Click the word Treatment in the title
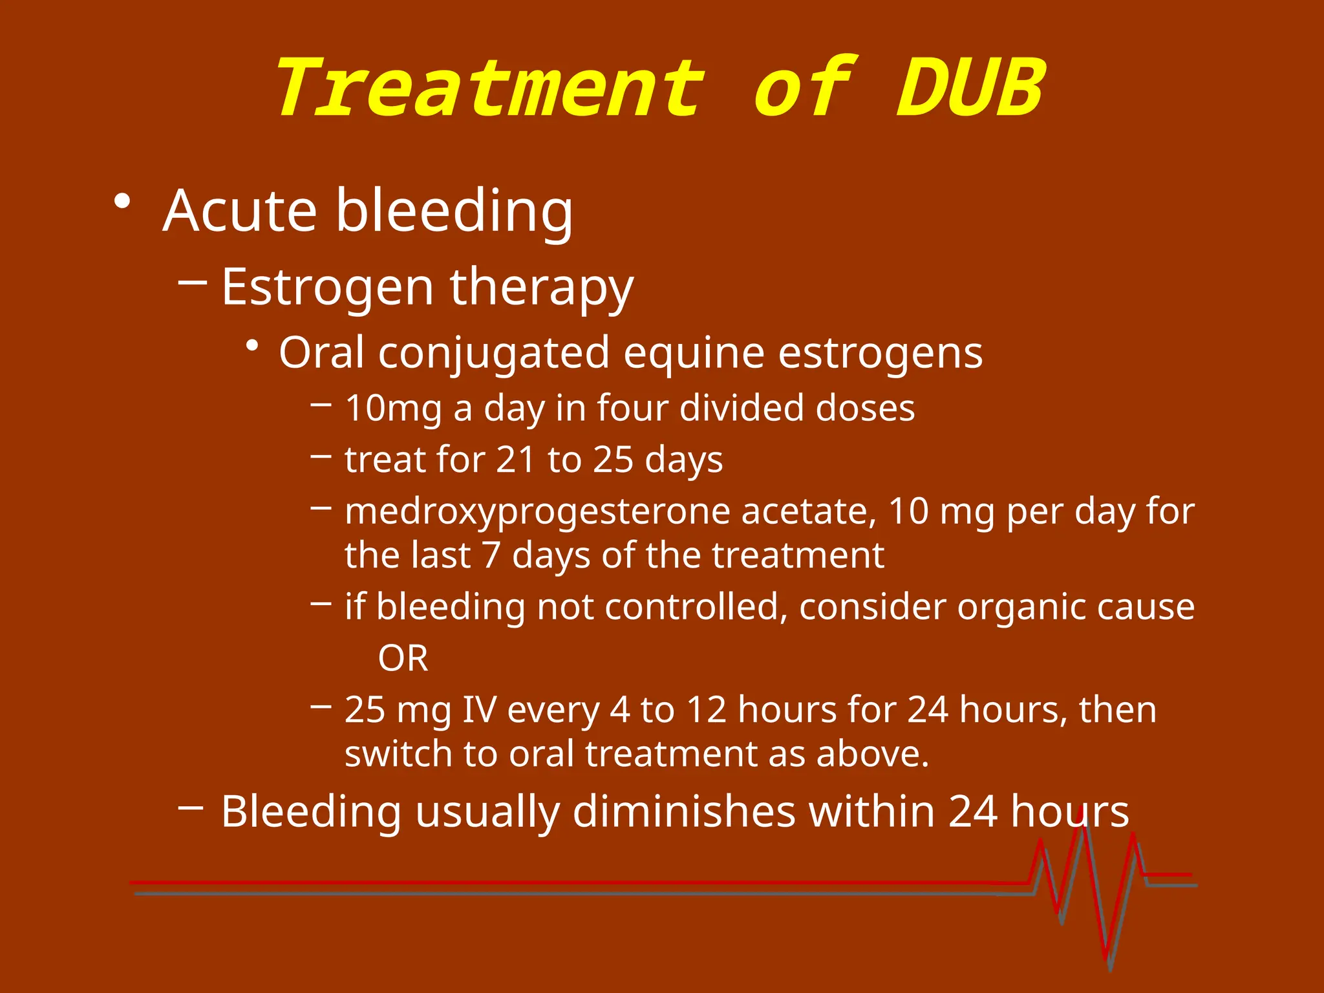(490, 89)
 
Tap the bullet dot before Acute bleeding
(122, 202)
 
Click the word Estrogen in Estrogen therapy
(327, 287)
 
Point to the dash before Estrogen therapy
(192, 282)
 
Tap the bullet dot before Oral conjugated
(253, 347)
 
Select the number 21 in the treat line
(516, 460)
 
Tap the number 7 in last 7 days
(491, 555)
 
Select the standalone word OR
(403, 659)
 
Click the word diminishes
(683, 811)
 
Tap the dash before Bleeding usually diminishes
(191, 807)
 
